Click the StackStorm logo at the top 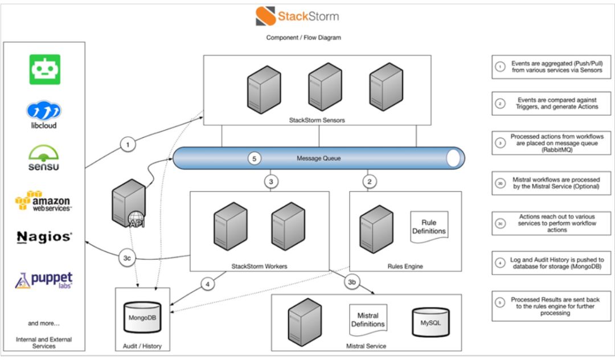(x=297, y=16)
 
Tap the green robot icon (x=45, y=69)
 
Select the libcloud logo (x=44, y=114)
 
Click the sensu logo (x=44, y=158)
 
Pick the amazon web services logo (x=44, y=201)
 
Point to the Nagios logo (x=44, y=237)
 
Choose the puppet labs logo (x=44, y=280)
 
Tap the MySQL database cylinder (x=430, y=323)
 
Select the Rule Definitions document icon (x=429, y=227)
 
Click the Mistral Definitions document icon (x=367, y=320)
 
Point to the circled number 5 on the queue (x=255, y=159)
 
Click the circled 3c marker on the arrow (x=129, y=257)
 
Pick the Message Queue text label (x=319, y=158)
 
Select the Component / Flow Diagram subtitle (x=304, y=38)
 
